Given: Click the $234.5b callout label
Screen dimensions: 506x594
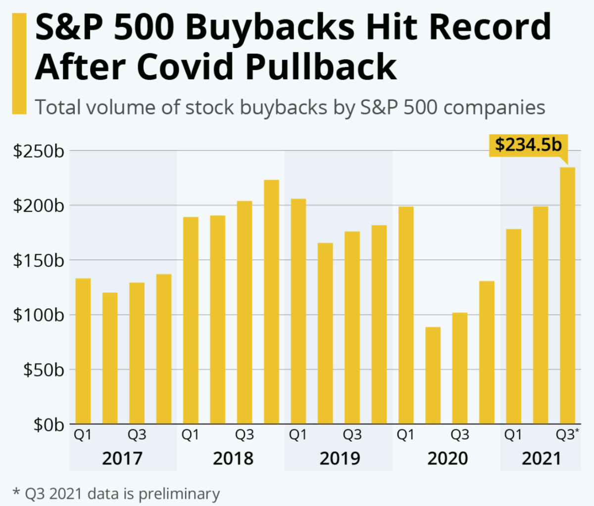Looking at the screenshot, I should (528, 144).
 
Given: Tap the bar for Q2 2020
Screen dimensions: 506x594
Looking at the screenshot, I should (433, 375).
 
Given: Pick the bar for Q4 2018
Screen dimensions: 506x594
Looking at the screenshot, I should (271, 302).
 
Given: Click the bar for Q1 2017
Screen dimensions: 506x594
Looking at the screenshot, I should (83, 351).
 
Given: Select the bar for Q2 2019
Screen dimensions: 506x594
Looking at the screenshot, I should (325, 333).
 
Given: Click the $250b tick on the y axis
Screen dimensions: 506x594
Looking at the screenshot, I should (39, 151).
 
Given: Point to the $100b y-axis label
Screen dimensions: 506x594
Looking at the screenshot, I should (39, 315).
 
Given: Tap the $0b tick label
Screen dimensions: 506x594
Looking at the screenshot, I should (49, 424).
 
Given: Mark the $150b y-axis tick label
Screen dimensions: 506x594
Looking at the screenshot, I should (39, 260).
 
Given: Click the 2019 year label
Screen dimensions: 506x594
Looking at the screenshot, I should (340, 459).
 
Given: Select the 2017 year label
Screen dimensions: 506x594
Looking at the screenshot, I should (122, 459).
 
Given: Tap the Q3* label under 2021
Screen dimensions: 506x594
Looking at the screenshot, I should (566, 435).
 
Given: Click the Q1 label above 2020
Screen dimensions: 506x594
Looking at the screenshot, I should (406, 435).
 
